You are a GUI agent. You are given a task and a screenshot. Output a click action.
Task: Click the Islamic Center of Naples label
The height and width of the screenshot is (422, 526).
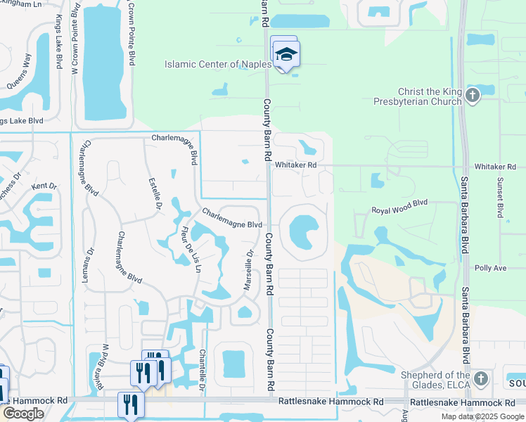pyautogui.click(x=218, y=64)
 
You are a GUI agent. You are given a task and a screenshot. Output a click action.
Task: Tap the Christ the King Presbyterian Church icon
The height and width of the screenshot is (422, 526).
pyautogui.click(x=472, y=96)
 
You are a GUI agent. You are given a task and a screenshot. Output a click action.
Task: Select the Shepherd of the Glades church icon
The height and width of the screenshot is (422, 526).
pyautogui.click(x=480, y=379)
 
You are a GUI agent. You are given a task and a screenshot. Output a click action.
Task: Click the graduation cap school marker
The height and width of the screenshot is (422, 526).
pyautogui.click(x=286, y=54)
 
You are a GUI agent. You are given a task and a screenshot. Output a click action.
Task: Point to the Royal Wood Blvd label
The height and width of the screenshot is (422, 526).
pyautogui.click(x=399, y=211)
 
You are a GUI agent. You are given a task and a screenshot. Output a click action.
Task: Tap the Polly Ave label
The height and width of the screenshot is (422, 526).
pyautogui.click(x=490, y=268)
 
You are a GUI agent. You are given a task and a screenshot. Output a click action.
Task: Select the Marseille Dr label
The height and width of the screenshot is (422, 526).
pyautogui.click(x=248, y=269)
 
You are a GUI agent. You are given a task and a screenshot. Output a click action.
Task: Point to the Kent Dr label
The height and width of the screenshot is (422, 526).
pyautogui.click(x=44, y=186)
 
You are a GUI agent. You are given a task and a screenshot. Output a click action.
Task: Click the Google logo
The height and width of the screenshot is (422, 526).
pyautogui.click(x=23, y=414)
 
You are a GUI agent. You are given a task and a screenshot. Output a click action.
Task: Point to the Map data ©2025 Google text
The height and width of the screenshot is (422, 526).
pyautogui.click(x=482, y=416)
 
